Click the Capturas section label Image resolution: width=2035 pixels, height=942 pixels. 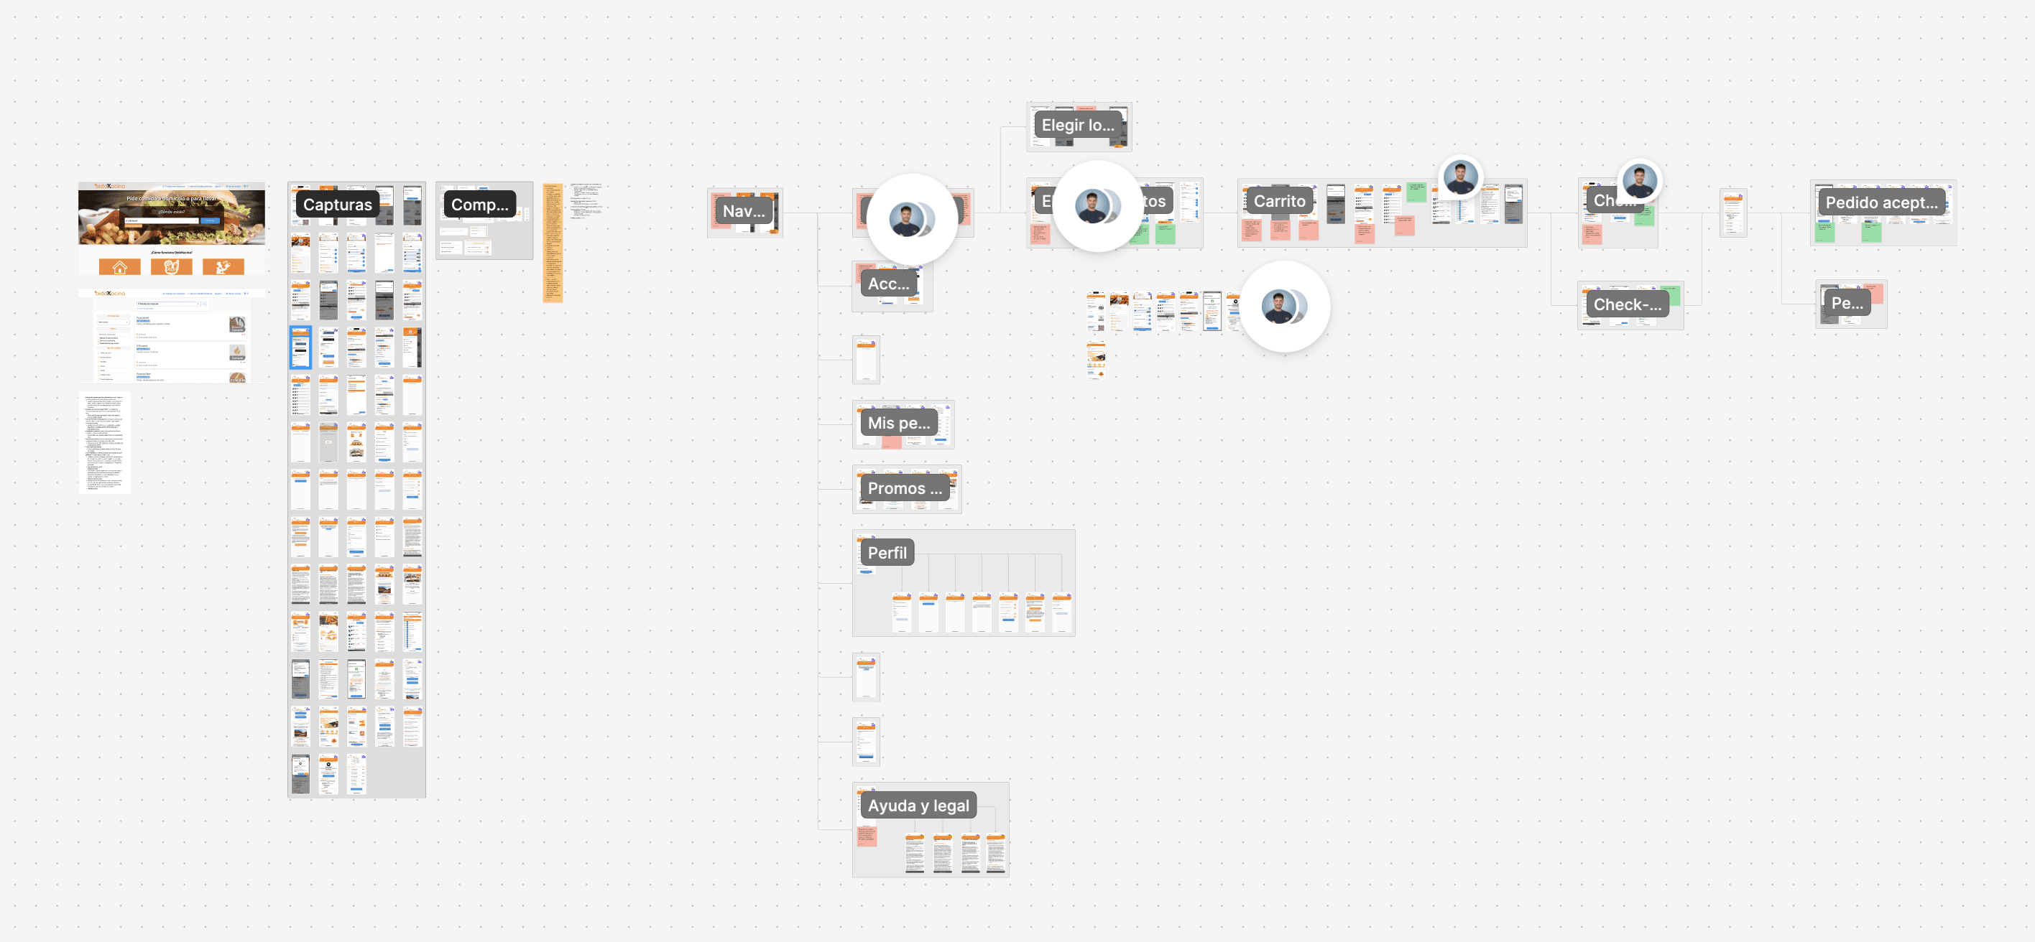click(337, 205)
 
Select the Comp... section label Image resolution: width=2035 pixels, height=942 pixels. click(479, 205)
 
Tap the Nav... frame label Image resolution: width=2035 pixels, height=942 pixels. click(744, 211)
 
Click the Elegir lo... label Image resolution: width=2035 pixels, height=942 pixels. click(1078, 125)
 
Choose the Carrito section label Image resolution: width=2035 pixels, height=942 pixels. click(1279, 201)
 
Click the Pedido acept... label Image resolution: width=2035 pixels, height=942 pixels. click(1881, 203)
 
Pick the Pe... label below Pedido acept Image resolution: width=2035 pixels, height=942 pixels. click(1846, 303)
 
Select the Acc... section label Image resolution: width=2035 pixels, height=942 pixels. click(888, 284)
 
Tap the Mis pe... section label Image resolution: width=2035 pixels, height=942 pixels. click(898, 423)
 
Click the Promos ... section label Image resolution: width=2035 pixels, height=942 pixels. click(905, 489)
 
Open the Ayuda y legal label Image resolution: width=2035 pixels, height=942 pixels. click(918, 806)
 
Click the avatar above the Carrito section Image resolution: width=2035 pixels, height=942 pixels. click(1460, 177)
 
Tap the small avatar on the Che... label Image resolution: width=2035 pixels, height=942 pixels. click(1640, 182)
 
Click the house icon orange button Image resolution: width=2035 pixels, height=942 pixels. click(119, 267)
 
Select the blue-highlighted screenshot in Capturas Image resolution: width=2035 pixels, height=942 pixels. click(300, 348)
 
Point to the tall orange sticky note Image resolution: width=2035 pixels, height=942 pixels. click(552, 243)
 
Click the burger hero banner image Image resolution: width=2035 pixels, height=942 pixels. click(172, 215)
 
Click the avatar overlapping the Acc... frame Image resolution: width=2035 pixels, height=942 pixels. click(911, 220)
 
